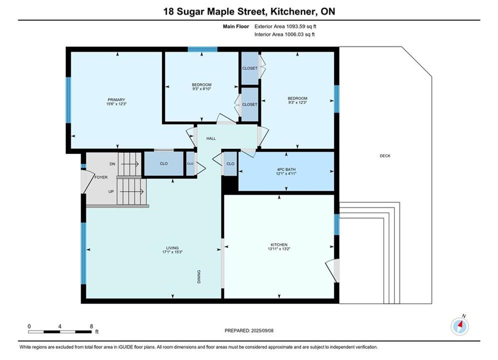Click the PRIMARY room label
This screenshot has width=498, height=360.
point(116,99)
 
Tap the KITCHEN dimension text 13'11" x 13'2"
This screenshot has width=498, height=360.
point(279,249)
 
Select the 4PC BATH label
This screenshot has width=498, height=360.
point(286,169)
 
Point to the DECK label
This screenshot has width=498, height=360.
point(385,155)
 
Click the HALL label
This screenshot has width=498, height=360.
point(211,138)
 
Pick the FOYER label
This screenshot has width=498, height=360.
point(101,177)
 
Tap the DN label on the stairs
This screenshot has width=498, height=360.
point(112,164)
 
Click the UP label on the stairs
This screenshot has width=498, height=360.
point(111,191)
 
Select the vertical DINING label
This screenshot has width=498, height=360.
point(199,276)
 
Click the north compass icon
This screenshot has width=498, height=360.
point(460,326)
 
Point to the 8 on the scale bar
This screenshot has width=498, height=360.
point(92,326)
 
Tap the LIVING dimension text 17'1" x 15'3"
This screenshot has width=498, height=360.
point(172,252)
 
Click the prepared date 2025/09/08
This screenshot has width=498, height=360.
point(262,330)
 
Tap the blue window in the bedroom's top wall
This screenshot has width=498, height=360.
point(202,49)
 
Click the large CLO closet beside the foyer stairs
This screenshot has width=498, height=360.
point(164,163)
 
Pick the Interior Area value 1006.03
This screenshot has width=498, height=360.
point(294,34)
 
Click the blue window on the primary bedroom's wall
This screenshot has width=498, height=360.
point(68,100)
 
